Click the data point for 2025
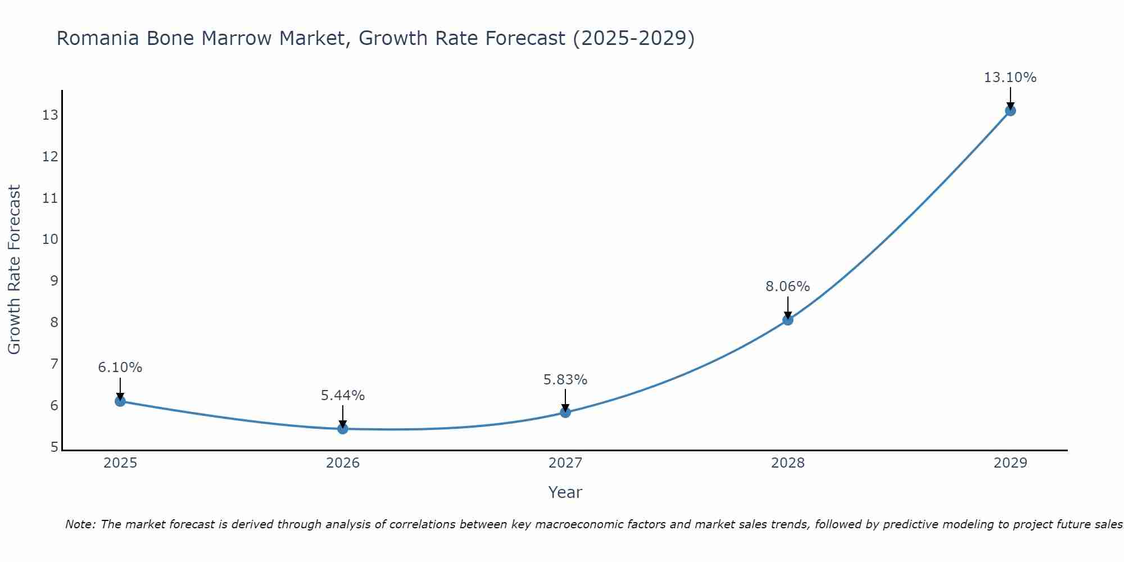[x=120, y=401]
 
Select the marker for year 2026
[x=343, y=429]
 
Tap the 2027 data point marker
[x=565, y=413]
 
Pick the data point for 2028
[x=788, y=320]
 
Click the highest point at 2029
[x=1010, y=111]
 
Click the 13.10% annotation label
[x=1010, y=78]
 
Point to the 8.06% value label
[x=787, y=287]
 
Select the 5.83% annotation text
[x=565, y=380]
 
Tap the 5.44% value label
[x=342, y=396]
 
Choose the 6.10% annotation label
[x=120, y=368]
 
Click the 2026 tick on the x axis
[x=343, y=463]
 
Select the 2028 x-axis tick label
[x=788, y=463]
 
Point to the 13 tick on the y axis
[x=50, y=115]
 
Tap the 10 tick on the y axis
[x=50, y=239]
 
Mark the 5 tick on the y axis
[x=54, y=447]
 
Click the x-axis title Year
[x=565, y=492]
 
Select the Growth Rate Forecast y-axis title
[x=14, y=270]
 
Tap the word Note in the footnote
[x=80, y=524]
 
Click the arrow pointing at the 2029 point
[x=1010, y=98]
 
